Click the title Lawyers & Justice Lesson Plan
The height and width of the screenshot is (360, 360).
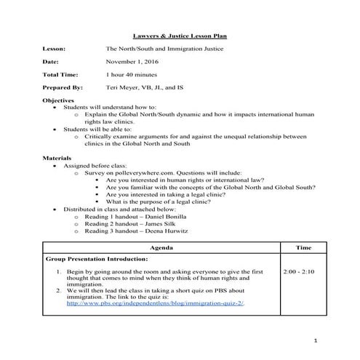180,34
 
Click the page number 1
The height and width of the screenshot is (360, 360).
316,340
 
